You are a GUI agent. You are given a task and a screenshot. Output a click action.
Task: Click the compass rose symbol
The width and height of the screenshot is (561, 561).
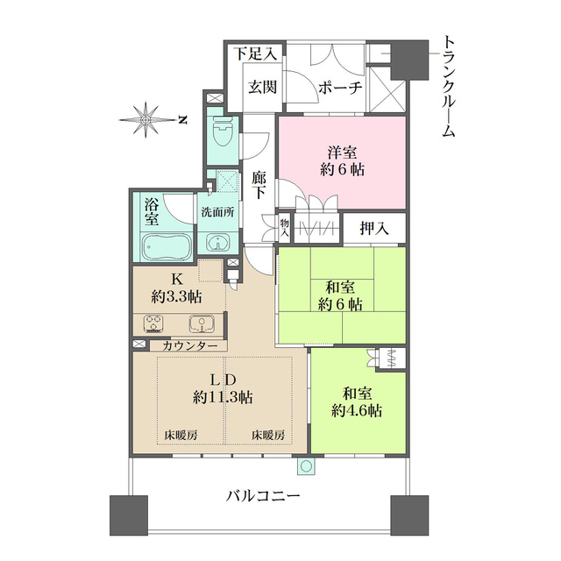146,119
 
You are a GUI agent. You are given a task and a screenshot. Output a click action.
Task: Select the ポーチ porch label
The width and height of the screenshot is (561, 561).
339,87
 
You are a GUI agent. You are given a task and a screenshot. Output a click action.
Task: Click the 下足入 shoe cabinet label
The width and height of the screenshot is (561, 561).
255,53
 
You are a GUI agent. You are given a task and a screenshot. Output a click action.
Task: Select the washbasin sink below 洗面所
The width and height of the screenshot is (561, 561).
216,244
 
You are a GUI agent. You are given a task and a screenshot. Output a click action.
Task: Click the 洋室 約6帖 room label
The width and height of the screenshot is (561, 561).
342,160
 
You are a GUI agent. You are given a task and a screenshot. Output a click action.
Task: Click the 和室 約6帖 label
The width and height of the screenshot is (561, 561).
342,295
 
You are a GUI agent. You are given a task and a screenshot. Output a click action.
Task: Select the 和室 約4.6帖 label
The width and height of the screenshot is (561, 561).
357,401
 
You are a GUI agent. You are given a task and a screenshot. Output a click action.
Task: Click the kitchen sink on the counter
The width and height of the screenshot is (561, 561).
202,323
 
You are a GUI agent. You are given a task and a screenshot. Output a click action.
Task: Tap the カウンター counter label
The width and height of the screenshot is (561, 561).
188,346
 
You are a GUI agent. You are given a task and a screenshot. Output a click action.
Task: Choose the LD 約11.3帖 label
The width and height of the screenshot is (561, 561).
223,388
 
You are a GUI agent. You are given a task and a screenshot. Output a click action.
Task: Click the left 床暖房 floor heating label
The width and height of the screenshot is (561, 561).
181,435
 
